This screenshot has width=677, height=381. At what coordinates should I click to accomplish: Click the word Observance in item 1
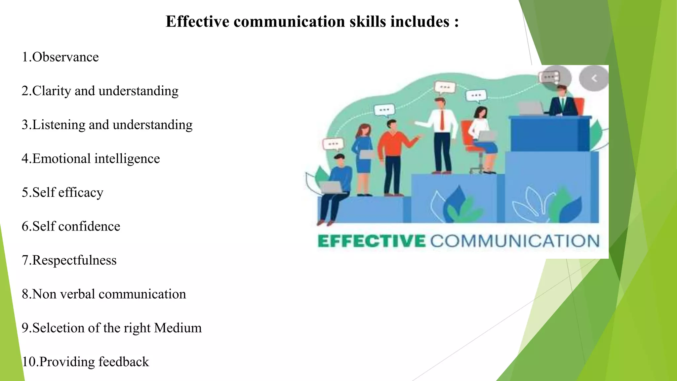pyautogui.click(x=65, y=57)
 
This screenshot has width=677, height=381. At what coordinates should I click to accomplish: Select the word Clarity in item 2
pyautogui.click(x=51, y=91)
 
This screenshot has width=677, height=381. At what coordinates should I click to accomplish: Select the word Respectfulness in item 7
pyautogui.click(x=74, y=260)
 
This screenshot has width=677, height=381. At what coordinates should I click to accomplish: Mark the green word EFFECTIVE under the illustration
pyautogui.click(x=371, y=241)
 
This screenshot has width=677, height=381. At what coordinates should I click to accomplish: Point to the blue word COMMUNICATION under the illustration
pyautogui.click(x=515, y=241)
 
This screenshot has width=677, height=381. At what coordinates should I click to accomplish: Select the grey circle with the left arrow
pyautogui.click(x=594, y=78)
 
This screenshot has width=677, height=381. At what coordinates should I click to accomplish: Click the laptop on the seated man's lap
pyautogui.click(x=332, y=187)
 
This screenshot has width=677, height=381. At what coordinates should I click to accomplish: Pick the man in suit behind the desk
pyautogui.click(x=562, y=103)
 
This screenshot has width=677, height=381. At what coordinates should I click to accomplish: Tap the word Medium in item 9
pyautogui.click(x=178, y=328)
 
